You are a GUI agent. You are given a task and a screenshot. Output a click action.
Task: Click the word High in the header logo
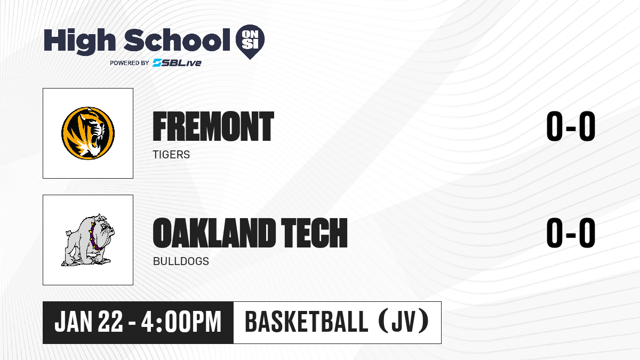click(x=79, y=41)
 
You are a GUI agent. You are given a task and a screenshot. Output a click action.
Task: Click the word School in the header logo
click(x=177, y=39)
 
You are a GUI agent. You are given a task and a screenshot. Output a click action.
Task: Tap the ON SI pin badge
click(x=250, y=42)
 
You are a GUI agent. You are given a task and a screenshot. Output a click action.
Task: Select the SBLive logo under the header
click(x=177, y=63)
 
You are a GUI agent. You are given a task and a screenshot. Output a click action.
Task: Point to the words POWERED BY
click(x=130, y=63)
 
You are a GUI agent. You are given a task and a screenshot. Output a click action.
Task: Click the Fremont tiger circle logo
click(x=88, y=133)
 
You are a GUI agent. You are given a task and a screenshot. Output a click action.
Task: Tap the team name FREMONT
click(x=213, y=126)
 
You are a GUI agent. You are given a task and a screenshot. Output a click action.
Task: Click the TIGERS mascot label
click(x=171, y=155)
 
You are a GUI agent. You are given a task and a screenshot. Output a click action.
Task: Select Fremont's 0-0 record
click(x=571, y=126)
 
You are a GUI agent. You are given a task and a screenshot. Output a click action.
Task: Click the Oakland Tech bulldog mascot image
click(x=88, y=240)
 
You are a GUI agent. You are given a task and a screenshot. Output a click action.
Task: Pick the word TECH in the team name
click(x=314, y=233)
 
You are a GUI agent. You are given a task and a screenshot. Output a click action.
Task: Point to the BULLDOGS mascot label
click(x=181, y=261)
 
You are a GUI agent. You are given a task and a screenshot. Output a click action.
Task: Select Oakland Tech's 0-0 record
click(x=571, y=233)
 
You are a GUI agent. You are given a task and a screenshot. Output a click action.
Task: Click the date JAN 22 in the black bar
click(x=89, y=322)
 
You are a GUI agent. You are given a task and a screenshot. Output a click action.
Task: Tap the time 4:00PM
click(x=181, y=322)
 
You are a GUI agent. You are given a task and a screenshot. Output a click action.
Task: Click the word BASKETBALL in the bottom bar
click(x=306, y=322)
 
